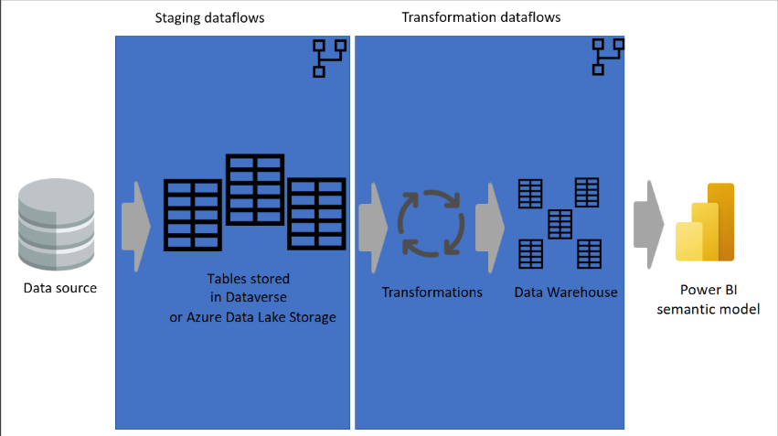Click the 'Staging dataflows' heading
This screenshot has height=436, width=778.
(209, 18)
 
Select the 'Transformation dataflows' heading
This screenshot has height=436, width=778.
(481, 17)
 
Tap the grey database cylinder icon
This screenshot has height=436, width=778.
(56, 224)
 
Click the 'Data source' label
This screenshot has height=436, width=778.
(60, 288)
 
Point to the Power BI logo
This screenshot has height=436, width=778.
(705, 222)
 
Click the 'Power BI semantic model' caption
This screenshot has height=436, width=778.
(708, 300)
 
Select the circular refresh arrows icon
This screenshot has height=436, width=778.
(432, 224)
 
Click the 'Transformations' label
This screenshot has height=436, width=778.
(432, 292)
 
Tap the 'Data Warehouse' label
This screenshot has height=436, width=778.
(566, 292)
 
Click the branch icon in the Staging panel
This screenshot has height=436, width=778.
(329, 58)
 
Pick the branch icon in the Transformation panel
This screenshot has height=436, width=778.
(608, 57)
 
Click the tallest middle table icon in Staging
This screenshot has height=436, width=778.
(255, 190)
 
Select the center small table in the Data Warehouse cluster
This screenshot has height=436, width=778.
(560, 224)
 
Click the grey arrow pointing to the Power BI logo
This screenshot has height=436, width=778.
(648, 225)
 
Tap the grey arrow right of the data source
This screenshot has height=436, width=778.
(136, 227)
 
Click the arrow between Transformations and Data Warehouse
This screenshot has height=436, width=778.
(490, 228)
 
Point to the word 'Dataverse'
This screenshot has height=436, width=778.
(256, 297)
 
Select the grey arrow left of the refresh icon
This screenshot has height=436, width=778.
(373, 228)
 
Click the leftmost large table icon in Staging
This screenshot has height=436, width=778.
(193, 215)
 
